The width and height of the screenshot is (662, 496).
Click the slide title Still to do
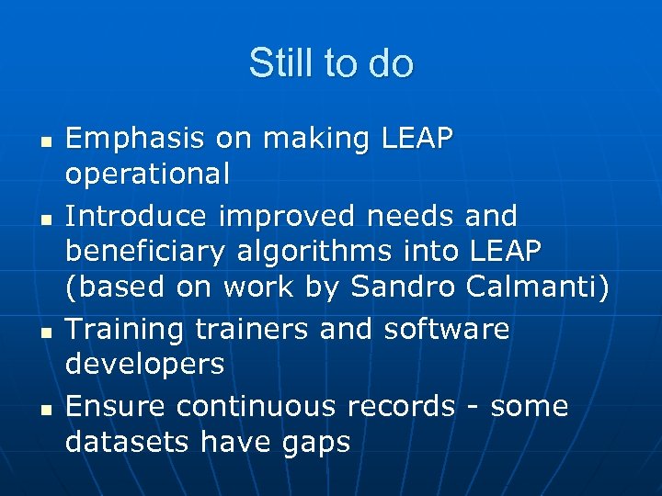331,63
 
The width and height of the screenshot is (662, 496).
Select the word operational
147,175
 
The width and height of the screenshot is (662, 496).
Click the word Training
125,329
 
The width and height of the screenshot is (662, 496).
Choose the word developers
145,365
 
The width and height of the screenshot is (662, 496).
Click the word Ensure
116,406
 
